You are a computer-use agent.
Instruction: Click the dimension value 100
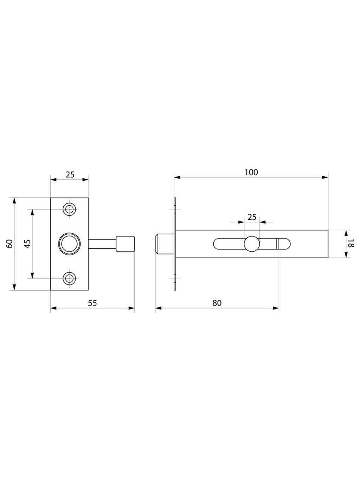click(251, 172)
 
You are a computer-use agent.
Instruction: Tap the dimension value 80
click(217, 303)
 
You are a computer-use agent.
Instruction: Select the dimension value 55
click(92, 303)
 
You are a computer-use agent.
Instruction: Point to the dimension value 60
click(9, 244)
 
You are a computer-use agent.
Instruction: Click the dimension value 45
click(27, 244)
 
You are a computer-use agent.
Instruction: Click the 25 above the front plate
click(70, 175)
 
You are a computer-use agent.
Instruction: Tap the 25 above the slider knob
click(252, 217)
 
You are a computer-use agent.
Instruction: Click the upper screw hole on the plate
click(69, 209)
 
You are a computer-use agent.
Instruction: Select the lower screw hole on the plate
click(69, 278)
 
